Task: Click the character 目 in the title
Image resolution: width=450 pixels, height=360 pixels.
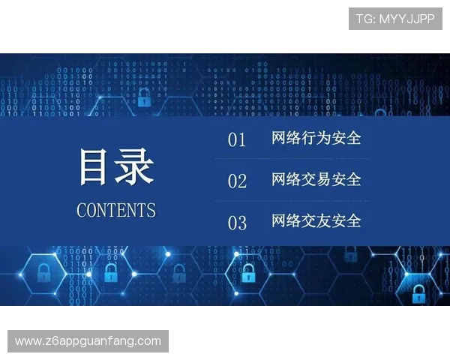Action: (x=97, y=166)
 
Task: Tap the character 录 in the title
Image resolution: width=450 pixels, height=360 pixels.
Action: (x=135, y=166)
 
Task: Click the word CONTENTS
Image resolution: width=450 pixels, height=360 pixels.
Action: (x=116, y=210)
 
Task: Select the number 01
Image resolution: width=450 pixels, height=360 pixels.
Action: (x=237, y=140)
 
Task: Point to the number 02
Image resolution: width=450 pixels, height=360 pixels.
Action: (x=237, y=181)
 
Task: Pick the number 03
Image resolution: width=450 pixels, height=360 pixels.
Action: (x=237, y=223)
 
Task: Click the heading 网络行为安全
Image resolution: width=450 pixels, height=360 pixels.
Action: (x=316, y=139)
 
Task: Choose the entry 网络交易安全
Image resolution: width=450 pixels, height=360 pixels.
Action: (x=316, y=180)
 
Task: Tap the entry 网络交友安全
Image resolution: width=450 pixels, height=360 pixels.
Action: (x=316, y=221)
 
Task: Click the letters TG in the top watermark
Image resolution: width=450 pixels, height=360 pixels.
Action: (x=364, y=19)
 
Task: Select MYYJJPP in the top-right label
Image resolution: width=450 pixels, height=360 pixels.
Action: (x=406, y=19)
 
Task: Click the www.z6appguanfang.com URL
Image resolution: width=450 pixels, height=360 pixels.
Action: (x=88, y=341)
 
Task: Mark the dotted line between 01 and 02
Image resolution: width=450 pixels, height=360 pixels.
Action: (x=291, y=159)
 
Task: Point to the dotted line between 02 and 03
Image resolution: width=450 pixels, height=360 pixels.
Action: (x=291, y=201)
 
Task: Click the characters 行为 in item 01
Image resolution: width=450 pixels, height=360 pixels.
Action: (x=316, y=139)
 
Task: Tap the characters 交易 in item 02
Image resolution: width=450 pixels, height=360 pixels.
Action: (x=316, y=180)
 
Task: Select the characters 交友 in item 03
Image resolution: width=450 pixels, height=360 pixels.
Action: (x=316, y=221)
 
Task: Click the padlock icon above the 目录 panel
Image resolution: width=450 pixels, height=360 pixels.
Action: (x=144, y=96)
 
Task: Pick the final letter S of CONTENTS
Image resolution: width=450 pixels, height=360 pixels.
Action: (x=152, y=210)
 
